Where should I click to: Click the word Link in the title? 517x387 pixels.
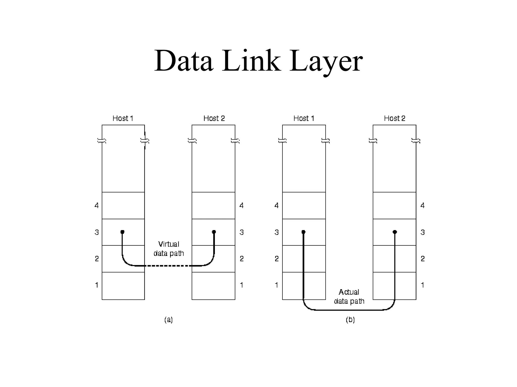tap(251, 61)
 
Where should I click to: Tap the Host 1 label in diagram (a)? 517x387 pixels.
tap(123, 118)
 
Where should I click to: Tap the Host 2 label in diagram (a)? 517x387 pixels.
tap(214, 118)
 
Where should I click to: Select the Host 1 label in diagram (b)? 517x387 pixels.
tap(304, 118)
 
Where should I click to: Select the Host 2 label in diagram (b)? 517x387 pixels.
tap(394, 118)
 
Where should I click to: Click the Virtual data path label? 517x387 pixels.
tap(169, 249)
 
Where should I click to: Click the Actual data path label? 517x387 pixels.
tap(349, 297)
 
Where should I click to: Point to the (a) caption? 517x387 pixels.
tap(168, 320)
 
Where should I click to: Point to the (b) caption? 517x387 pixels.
tap(350, 320)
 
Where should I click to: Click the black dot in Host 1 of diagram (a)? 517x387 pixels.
tap(122, 232)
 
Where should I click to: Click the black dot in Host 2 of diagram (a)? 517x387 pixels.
tap(214, 232)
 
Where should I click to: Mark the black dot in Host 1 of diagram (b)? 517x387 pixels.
tap(303, 232)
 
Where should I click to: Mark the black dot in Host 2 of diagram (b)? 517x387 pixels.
tap(395, 232)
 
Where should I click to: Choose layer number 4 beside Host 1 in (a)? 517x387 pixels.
tap(96, 206)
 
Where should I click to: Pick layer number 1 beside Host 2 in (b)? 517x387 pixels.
tap(422, 285)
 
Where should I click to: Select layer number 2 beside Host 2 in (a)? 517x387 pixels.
tap(242, 259)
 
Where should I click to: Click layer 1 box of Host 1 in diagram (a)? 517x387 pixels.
tap(123, 286)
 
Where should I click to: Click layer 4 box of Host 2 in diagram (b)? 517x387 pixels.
tap(394, 206)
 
